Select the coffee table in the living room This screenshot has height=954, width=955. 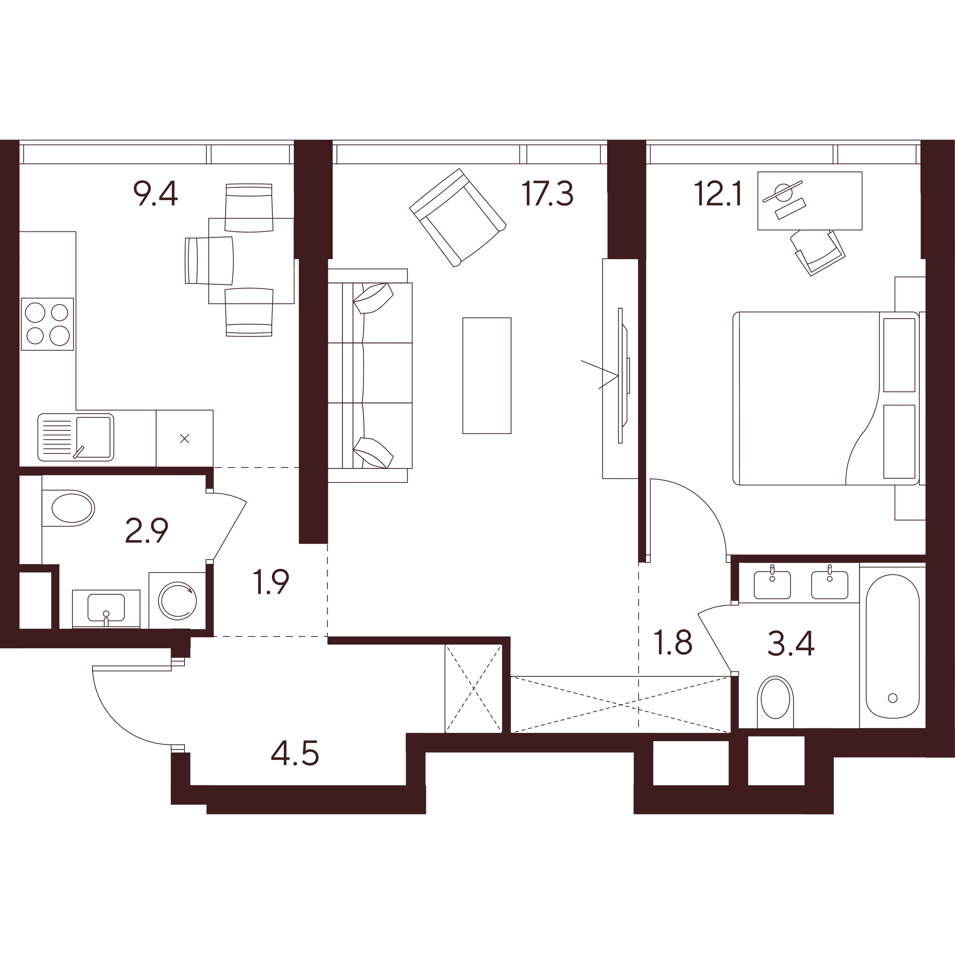[486, 375]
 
